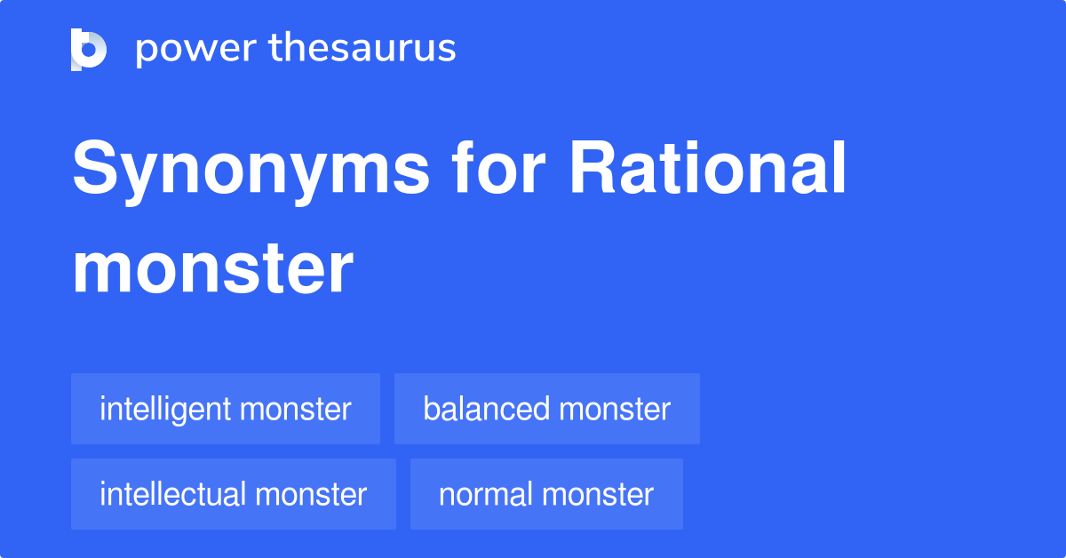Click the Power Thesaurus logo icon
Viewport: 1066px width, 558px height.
pyautogui.click(x=89, y=49)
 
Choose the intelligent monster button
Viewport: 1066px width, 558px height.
pyautogui.click(x=226, y=409)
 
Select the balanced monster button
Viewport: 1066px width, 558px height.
pyautogui.click(x=547, y=409)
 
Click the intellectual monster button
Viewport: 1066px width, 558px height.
pyautogui.click(x=234, y=494)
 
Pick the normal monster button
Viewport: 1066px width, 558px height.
pyautogui.click(x=546, y=494)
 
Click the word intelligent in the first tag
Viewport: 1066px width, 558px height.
pyautogui.click(x=164, y=409)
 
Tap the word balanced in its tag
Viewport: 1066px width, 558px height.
pyautogui.click(x=486, y=409)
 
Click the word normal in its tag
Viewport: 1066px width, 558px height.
pyautogui.click(x=485, y=494)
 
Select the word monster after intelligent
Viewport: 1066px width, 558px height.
pyautogui.click(x=295, y=410)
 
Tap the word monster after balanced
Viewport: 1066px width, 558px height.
pyautogui.click(x=615, y=410)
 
